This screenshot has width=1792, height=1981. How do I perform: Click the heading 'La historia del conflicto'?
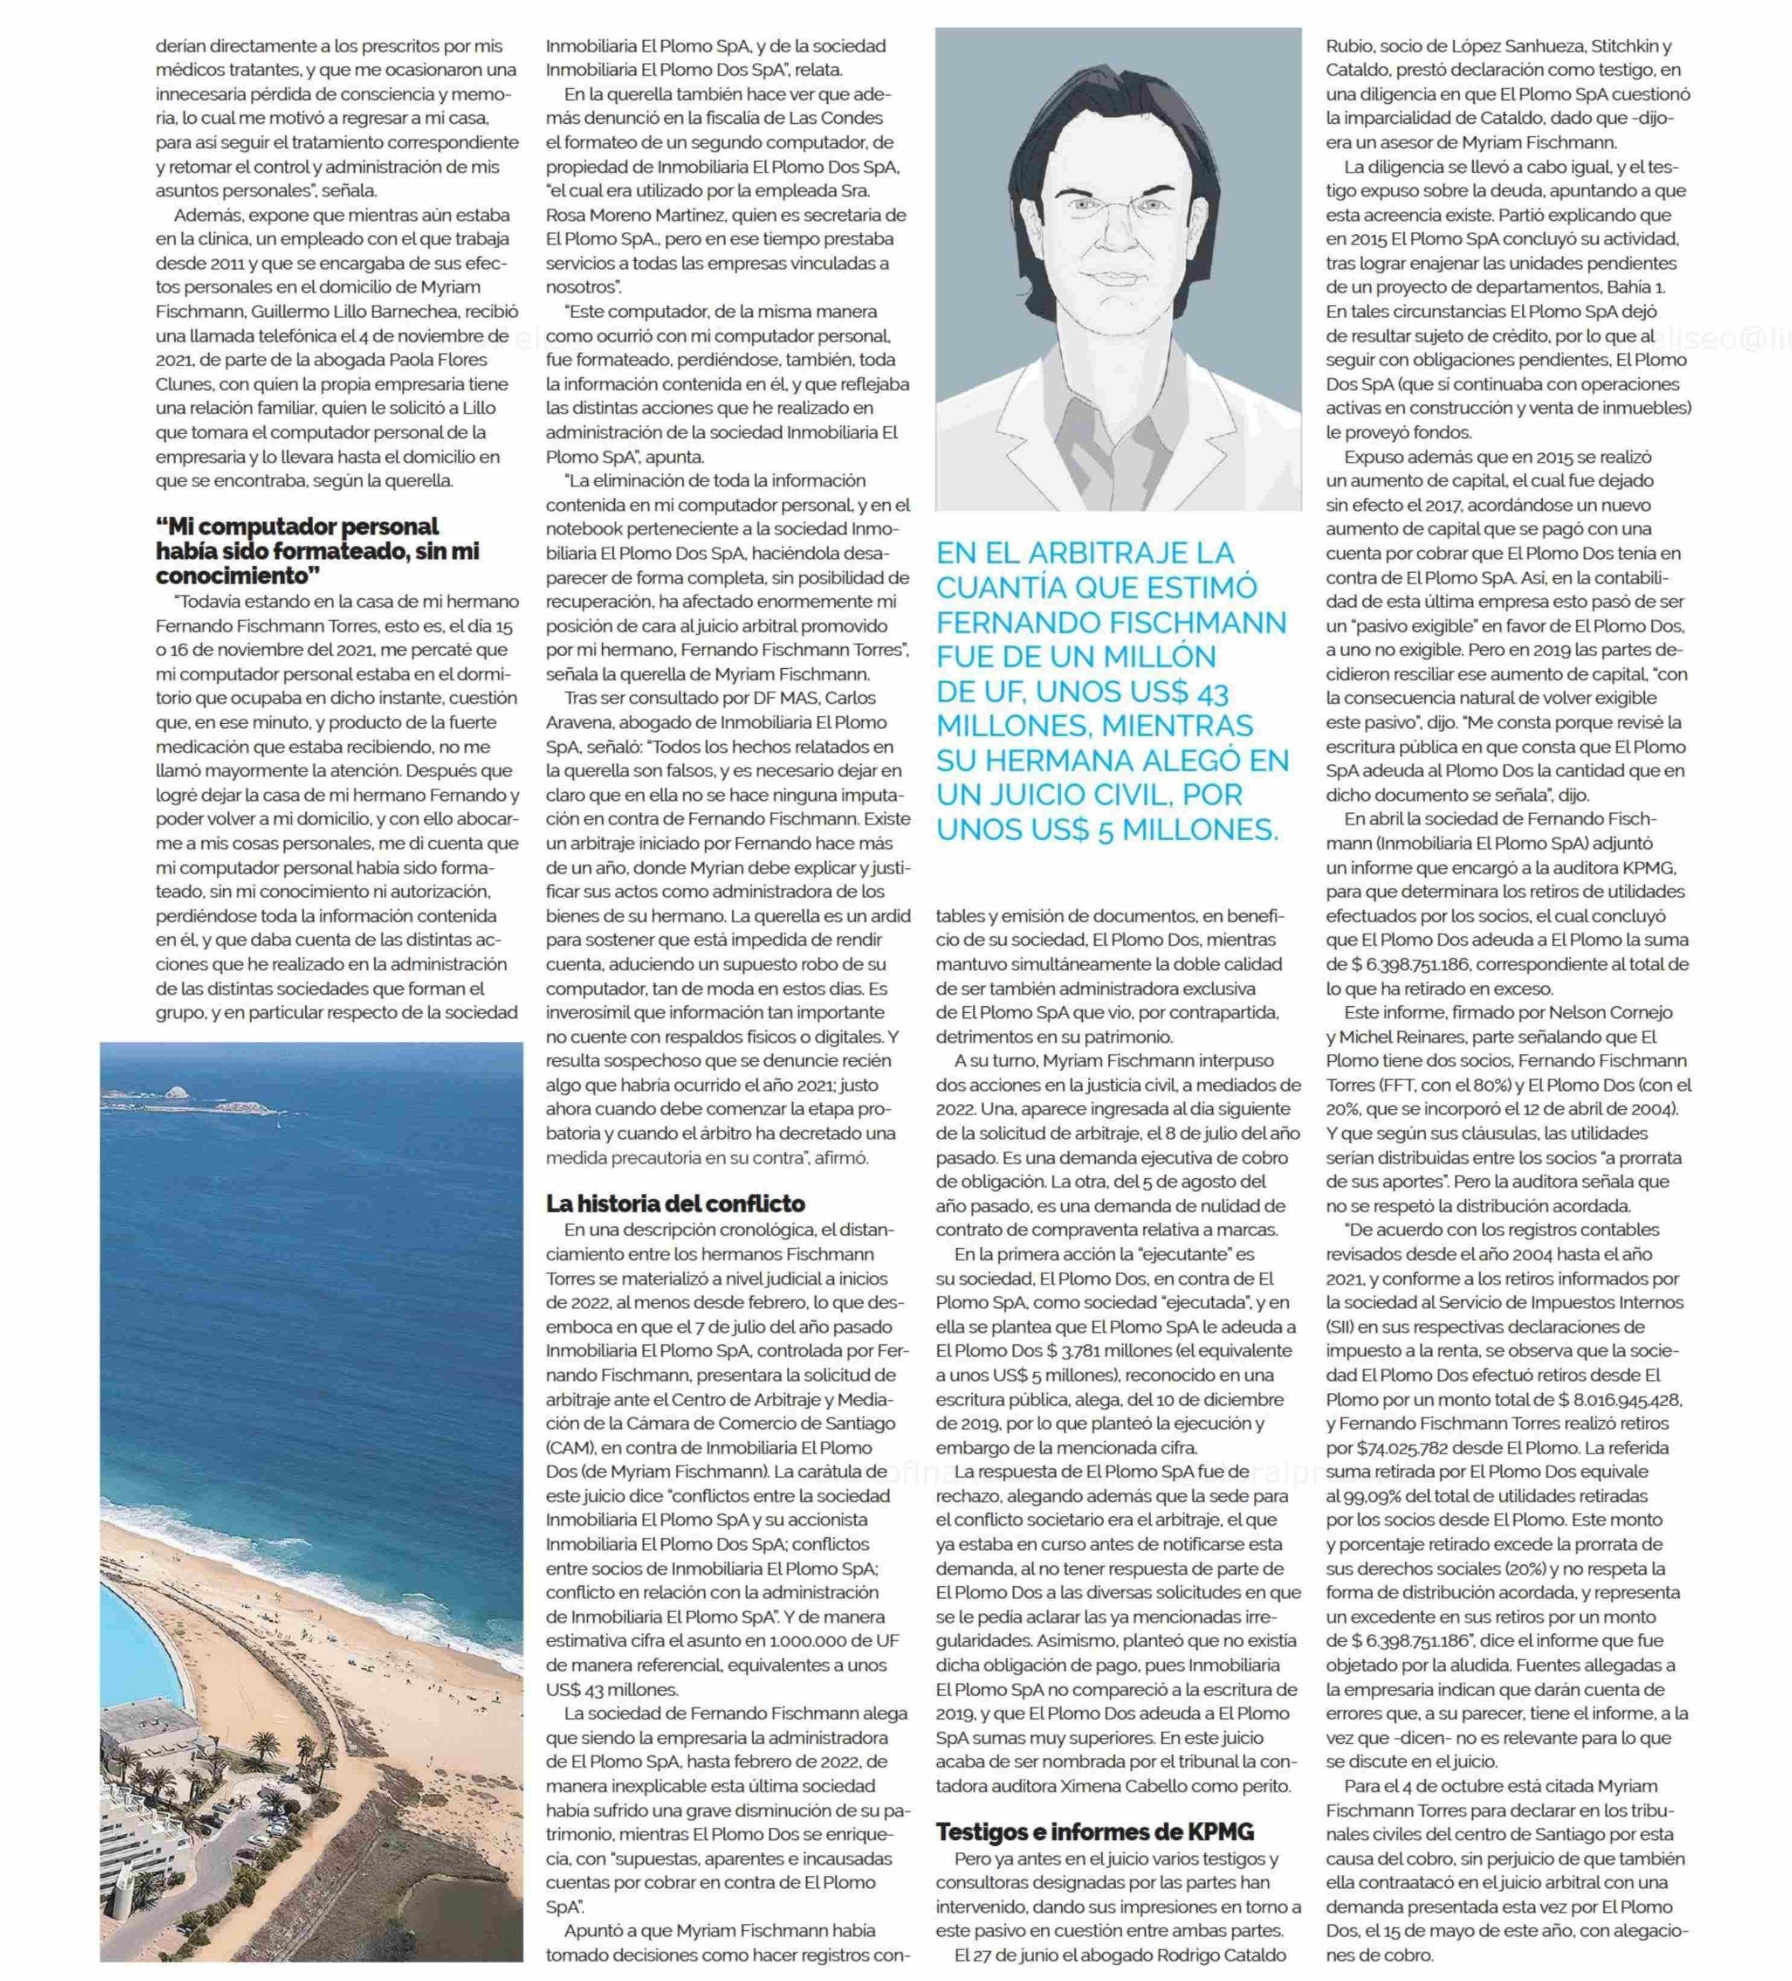pos(675,1204)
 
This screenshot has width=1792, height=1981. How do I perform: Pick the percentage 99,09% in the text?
pos(1368,1496)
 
